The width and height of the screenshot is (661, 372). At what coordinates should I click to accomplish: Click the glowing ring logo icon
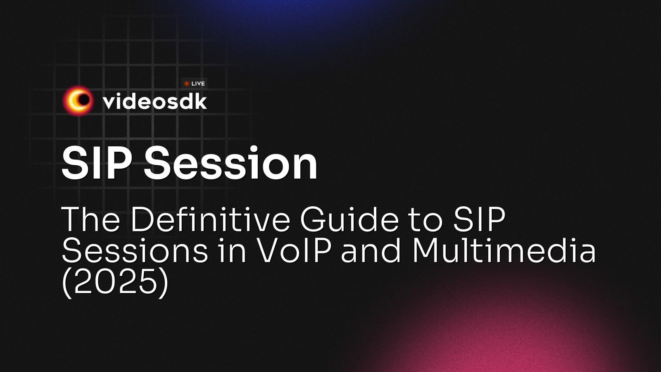click(78, 100)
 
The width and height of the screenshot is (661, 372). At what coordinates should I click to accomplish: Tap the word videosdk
click(155, 101)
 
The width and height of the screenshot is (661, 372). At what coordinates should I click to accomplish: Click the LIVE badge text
click(198, 83)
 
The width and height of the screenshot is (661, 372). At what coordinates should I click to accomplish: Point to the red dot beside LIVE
click(187, 83)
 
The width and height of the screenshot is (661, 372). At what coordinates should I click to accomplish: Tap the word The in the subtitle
click(90, 219)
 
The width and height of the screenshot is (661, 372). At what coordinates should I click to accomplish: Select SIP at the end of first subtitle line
click(479, 219)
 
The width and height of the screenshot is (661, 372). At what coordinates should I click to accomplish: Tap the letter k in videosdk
click(200, 101)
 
